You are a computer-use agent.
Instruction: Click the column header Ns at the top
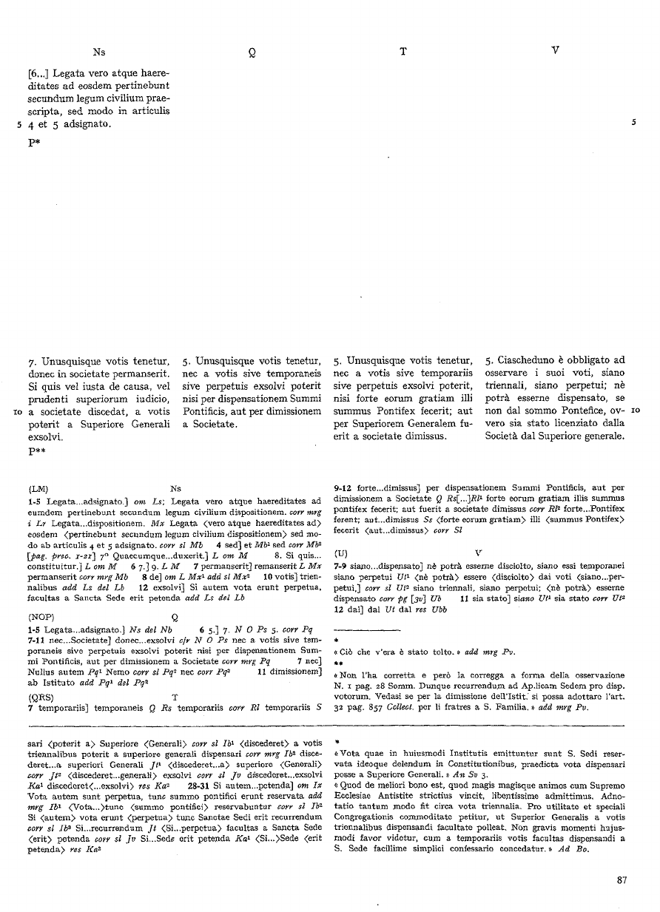[x=99, y=52]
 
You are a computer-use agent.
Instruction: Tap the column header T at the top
[x=403, y=52]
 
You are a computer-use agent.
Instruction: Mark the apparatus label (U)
[x=342, y=553]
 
